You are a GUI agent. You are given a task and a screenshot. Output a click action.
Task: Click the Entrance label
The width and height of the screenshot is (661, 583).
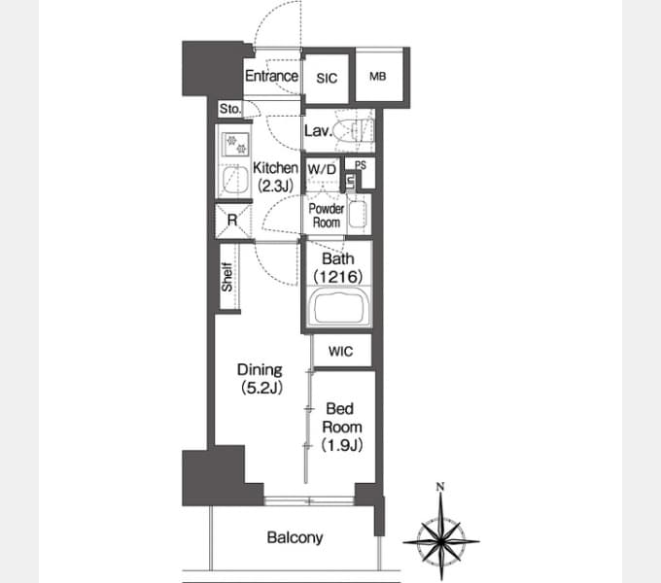271,76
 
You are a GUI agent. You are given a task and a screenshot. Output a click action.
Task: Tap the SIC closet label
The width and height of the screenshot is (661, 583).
327,78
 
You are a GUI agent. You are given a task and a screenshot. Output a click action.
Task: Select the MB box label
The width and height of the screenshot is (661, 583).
378,76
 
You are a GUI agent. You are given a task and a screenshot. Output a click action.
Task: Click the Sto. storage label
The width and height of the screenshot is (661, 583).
230,109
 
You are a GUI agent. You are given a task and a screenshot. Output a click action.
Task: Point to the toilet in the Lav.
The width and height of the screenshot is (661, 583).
353,130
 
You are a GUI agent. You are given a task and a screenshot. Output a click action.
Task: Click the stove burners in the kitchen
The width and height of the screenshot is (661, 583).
236,144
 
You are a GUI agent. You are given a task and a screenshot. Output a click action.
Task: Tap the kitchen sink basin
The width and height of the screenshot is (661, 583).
235,181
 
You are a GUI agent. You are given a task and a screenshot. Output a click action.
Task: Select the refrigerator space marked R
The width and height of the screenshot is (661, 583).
232,221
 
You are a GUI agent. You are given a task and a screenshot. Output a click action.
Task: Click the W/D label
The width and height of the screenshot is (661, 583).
322,169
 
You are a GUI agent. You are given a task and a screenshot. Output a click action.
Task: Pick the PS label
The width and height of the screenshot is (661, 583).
361,165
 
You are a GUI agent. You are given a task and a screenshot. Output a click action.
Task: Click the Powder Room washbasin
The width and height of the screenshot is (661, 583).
358,215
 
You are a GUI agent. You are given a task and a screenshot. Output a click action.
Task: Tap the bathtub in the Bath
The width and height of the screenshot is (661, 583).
338,306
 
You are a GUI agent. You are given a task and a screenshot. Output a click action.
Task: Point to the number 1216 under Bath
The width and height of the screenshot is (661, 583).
338,277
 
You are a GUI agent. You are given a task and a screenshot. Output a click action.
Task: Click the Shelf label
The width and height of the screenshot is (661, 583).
226,277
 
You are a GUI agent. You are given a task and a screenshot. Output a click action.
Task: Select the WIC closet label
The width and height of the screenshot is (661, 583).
340,352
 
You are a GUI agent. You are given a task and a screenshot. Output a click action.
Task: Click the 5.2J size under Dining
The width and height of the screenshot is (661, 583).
261,388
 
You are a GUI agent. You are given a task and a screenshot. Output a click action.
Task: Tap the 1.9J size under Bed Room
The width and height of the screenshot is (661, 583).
342,445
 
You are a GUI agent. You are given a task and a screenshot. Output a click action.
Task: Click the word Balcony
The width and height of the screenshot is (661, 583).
296,537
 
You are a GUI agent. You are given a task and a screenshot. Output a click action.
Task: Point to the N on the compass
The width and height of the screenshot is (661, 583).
440,487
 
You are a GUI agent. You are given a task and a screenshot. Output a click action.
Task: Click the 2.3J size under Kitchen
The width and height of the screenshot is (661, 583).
276,186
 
